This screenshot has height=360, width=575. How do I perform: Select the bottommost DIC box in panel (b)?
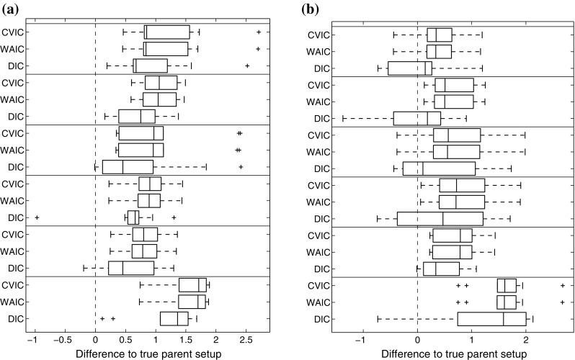point(491,318)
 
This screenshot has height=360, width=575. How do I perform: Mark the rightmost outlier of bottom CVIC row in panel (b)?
point(562,285)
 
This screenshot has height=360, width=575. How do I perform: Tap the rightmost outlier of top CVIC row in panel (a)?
point(259,32)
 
